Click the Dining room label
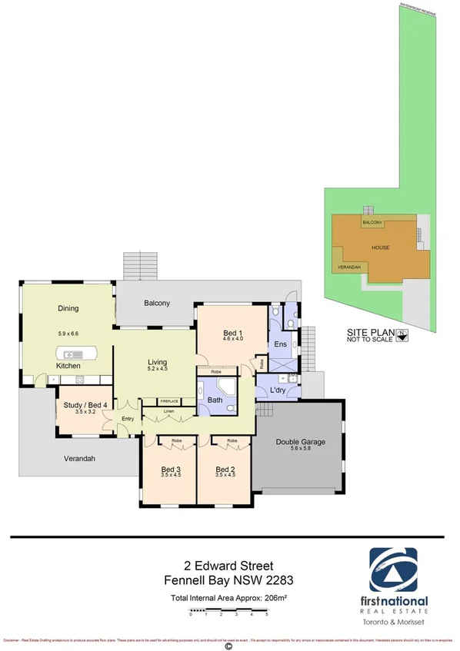[68, 309]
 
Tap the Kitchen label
[68, 366]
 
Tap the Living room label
[158, 363]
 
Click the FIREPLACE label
[169, 401]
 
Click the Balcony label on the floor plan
[157, 303]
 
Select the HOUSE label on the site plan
[380, 247]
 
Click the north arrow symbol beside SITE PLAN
[402, 334]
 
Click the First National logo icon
[394, 570]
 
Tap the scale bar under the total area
[228, 613]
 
